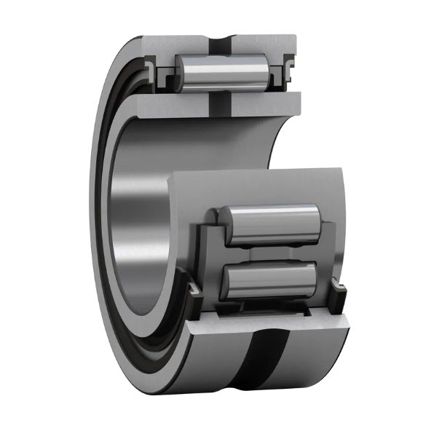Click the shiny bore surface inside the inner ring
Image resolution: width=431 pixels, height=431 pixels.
(x=138, y=218)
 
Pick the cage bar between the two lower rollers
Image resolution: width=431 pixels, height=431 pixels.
(x=269, y=251)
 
